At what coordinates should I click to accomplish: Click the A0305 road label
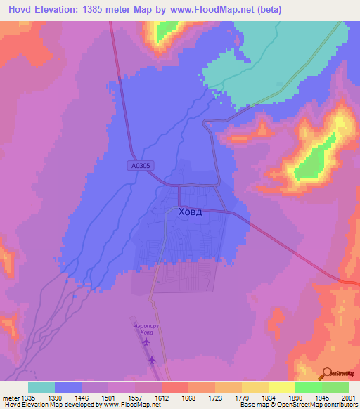[141, 166]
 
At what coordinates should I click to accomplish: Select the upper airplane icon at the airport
[146, 342]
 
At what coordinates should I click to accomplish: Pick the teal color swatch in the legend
[41, 387]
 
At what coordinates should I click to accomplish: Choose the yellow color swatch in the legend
[281, 387]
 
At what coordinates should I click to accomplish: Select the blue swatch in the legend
[68, 387]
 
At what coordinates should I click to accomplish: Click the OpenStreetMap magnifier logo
[326, 373]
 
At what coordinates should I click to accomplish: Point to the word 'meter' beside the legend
[9, 396]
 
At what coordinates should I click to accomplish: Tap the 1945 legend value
[308, 396]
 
